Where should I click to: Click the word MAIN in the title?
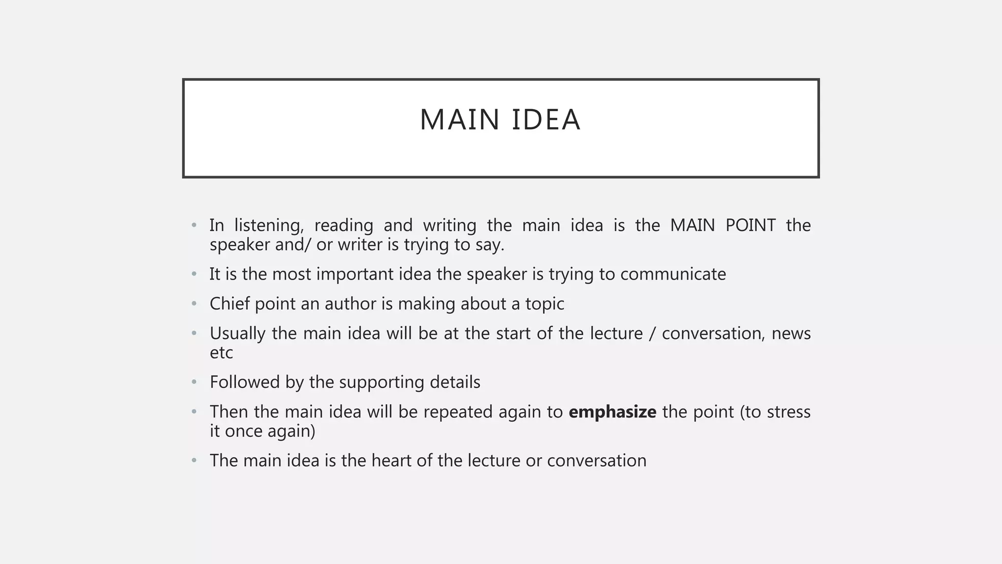coord(459,120)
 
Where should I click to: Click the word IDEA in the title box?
coord(546,120)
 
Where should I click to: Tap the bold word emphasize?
coord(612,412)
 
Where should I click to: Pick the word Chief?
coord(229,304)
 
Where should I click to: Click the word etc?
coord(221,352)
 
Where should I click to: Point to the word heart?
coord(391,460)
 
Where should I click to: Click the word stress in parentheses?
coord(789,412)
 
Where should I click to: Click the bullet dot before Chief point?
coord(194,304)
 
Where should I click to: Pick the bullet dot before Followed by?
coord(194,382)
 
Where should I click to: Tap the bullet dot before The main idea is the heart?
coord(194,461)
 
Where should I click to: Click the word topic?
coord(545,304)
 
